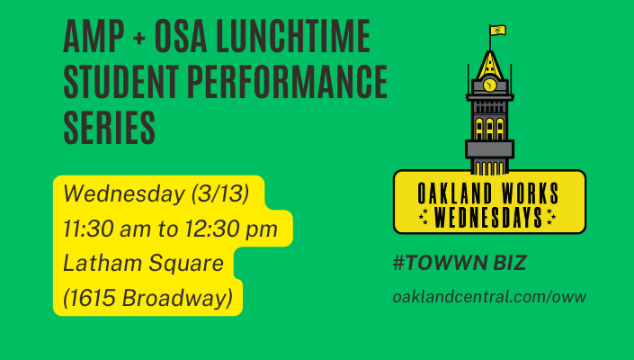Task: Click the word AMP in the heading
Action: (x=94, y=36)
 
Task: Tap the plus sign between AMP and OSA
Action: (x=138, y=38)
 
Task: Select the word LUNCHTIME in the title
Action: (x=293, y=36)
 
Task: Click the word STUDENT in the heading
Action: (x=121, y=81)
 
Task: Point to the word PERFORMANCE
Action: (x=287, y=81)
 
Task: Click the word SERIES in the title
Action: (x=109, y=128)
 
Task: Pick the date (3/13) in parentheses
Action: (x=220, y=193)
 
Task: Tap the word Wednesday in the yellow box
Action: (x=124, y=193)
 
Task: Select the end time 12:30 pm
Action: (x=231, y=229)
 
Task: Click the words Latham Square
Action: (x=144, y=264)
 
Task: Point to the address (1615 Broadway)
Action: (x=148, y=298)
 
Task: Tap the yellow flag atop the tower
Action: (x=497, y=31)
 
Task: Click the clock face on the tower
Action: (x=489, y=85)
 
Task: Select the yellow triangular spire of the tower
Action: (x=490, y=66)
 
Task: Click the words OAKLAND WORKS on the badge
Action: (x=488, y=193)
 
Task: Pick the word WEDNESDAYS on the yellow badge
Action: (x=488, y=217)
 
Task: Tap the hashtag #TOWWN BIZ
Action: (x=460, y=263)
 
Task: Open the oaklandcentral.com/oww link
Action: (x=489, y=297)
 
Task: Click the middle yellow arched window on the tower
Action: (x=489, y=129)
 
